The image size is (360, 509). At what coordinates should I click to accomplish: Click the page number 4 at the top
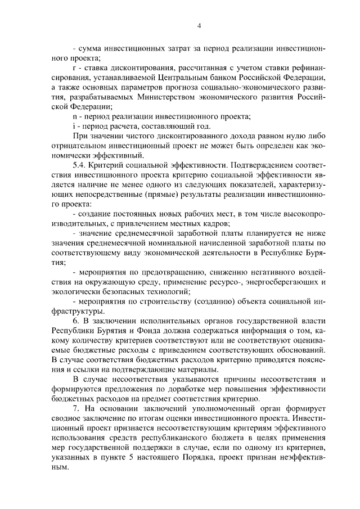tap(200, 25)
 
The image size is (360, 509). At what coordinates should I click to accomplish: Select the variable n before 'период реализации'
tap(75, 116)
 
